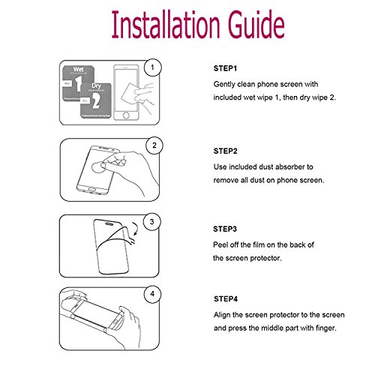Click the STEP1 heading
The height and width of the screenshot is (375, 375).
pyautogui.click(x=227, y=69)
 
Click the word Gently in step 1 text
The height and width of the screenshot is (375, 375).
pyautogui.click(x=226, y=85)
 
